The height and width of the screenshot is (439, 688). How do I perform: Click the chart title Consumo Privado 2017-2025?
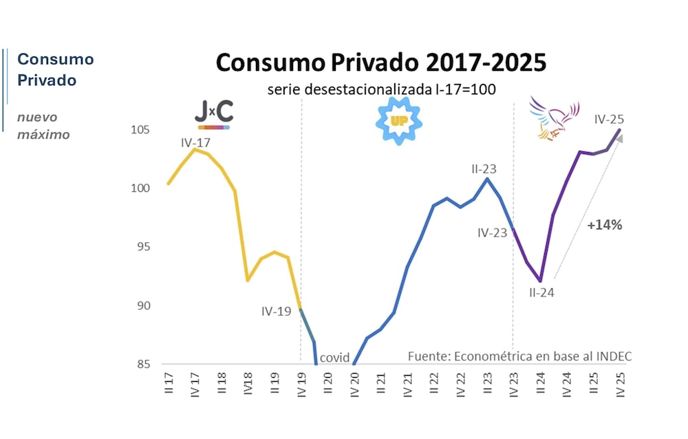[381, 63]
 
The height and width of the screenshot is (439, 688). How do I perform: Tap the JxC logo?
[213, 114]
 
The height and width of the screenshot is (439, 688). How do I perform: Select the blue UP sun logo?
[399, 121]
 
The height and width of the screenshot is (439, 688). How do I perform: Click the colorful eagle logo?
[554, 117]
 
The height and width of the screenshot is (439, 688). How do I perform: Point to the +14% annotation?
[604, 225]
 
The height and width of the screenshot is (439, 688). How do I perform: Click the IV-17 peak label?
[195, 143]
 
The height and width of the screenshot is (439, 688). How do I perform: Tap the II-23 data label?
[484, 168]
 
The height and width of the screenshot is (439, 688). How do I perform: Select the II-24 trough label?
[541, 292]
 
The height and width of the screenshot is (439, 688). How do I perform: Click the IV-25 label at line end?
[610, 119]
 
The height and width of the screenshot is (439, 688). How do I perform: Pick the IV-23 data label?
[493, 233]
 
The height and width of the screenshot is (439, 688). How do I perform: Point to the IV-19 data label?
[277, 311]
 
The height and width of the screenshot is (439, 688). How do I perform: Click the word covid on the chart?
[335, 357]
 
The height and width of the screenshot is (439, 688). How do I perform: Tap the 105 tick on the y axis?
[142, 130]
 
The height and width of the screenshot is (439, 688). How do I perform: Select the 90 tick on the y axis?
[145, 306]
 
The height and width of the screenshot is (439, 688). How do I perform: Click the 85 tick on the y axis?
[145, 364]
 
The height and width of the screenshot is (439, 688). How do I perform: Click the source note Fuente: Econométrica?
[519, 356]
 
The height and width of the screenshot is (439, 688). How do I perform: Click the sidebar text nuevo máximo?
[43, 126]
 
